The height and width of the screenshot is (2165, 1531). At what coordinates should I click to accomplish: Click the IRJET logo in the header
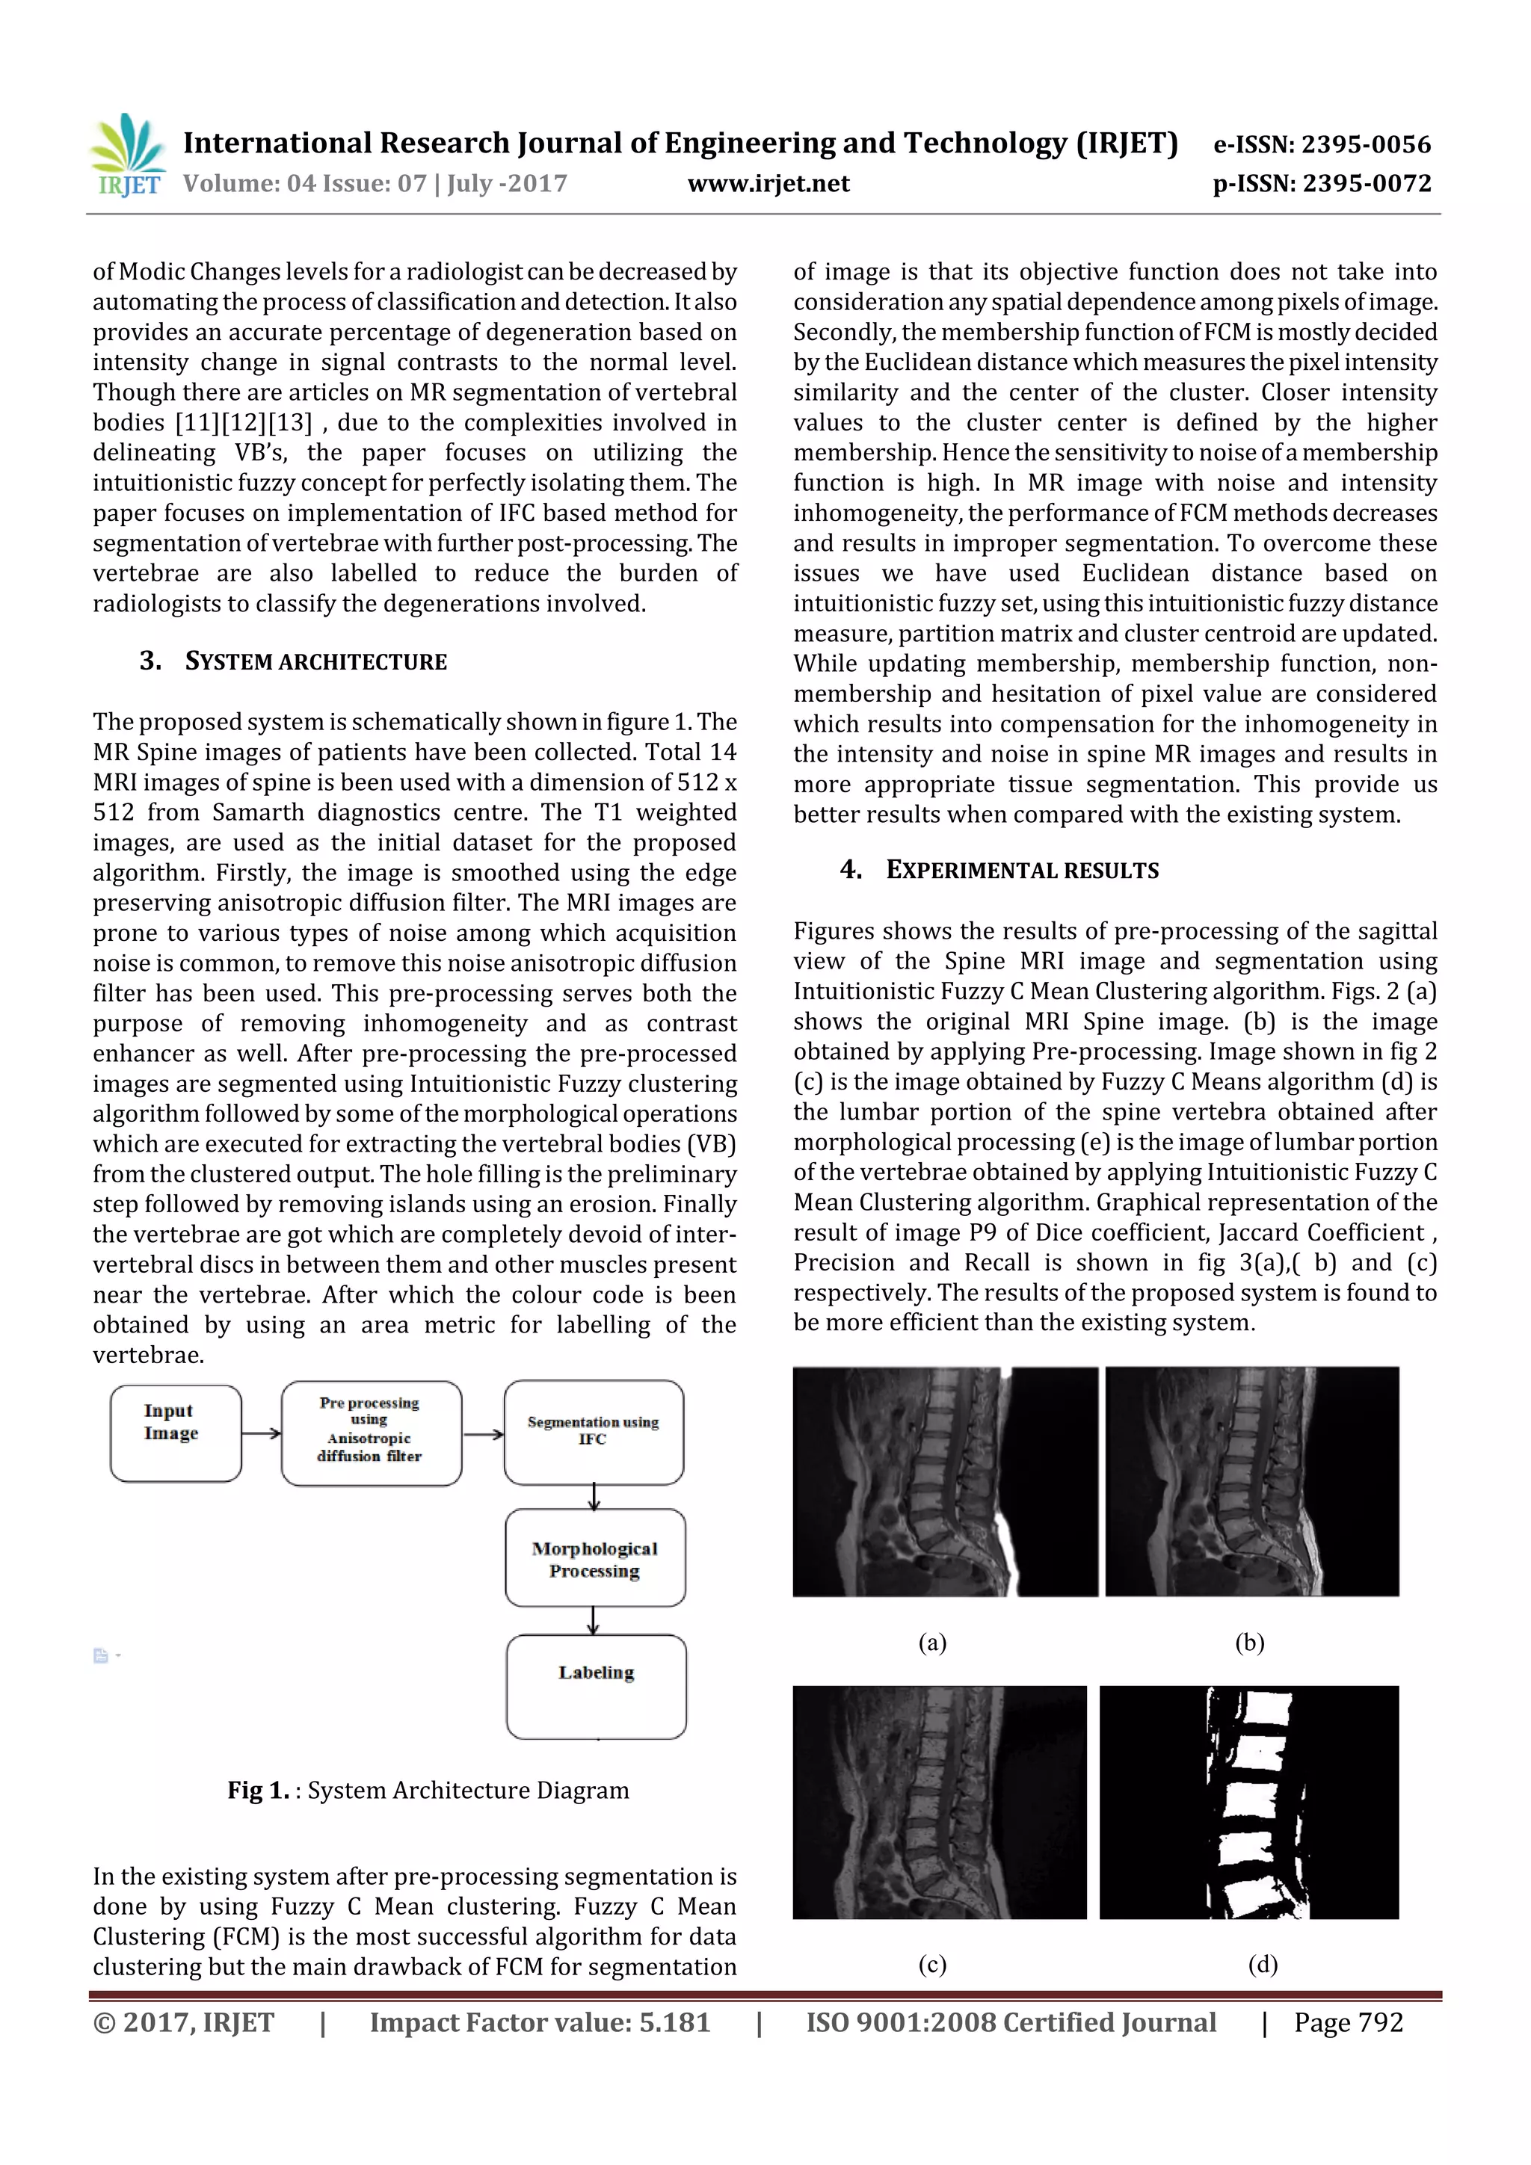[x=127, y=155]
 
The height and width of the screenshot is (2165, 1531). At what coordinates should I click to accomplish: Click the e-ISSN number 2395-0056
[x=1322, y=144]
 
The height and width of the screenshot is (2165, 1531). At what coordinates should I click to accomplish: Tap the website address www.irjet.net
[x=768, y=183]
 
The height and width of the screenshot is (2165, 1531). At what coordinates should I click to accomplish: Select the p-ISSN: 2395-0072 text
[x=1322, y=183]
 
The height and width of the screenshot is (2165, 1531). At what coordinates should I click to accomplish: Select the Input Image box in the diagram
[x=176, y=1433]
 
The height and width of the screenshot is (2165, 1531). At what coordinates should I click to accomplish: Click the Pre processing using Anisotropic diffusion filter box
[x=371, y=1433]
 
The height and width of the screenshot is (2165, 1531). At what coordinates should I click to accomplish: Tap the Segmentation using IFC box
[x=594, y=1431]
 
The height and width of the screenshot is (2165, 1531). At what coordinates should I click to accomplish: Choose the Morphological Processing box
[x=594, y=1557]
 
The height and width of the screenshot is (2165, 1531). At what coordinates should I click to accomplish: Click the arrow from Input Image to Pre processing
[x=262, y=1433]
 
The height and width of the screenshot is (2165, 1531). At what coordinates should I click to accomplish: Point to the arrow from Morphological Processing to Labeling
[x=594, y=1620]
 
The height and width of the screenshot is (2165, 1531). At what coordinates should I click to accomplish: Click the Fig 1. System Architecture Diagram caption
[x=428, y=1790]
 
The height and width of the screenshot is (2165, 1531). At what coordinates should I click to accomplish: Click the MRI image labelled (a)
[x=944, y=1481]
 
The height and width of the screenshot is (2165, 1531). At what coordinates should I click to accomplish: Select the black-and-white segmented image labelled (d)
[x=1249, y=1802]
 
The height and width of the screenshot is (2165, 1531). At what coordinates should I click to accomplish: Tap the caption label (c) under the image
[x=932, y=1964]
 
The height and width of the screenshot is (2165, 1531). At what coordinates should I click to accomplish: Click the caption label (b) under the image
[x=1249, y=1643]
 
